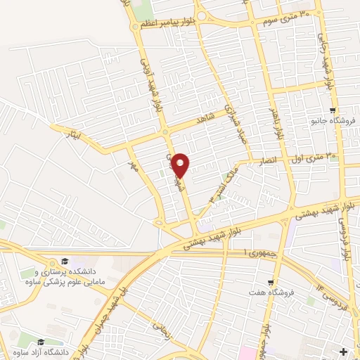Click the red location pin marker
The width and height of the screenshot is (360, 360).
(x=181, y=165)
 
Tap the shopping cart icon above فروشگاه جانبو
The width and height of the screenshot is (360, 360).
(x=333, y=110)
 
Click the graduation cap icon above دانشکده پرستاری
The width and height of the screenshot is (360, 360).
(x=65, y=261)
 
